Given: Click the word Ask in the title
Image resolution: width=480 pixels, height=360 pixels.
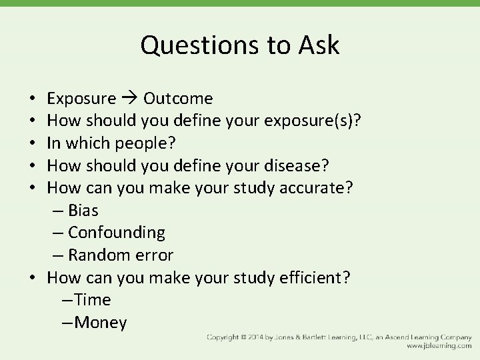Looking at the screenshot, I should tap(317, 45).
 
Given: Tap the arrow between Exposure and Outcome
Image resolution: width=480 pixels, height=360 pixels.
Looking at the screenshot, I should tap(129, 99).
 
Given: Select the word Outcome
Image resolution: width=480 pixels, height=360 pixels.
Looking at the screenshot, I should tap(178, 99).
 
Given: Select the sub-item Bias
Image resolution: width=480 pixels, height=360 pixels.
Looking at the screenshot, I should tap(83, 211).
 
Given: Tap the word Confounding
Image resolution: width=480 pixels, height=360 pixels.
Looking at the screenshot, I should tap(116, 233).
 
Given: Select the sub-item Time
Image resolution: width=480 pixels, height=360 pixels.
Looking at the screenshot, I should tap(93, 300).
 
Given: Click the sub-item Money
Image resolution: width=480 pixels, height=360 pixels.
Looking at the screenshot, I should tap(101, 323).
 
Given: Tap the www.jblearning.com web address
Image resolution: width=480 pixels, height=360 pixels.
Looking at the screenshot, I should tap(439, 346).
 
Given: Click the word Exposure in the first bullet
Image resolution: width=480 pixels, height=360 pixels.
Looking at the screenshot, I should tap(81, 99).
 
